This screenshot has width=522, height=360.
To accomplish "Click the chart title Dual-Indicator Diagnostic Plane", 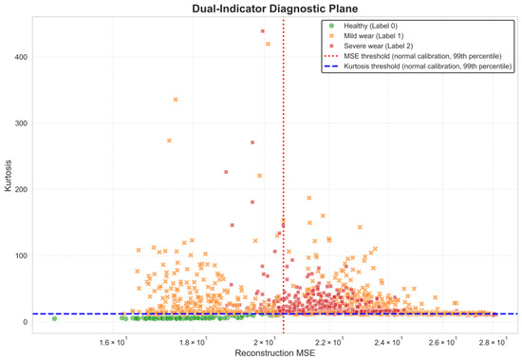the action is (x=275, y=9).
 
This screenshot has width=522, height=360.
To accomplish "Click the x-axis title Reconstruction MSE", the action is (x=275, y=353).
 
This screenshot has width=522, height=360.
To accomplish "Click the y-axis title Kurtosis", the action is (x=8, y=176).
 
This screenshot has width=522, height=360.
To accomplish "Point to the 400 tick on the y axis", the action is (x=21, y=57).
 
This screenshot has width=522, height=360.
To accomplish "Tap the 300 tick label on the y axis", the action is (x=21, y=123).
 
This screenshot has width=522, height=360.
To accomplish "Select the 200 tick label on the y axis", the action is (x=21, y=189).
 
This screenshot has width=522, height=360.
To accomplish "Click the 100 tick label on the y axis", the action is (x=21, y=256).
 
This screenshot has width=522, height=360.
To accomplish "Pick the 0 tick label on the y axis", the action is (x=25, y=322).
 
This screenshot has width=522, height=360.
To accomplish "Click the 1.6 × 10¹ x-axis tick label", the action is (x=113, y=342).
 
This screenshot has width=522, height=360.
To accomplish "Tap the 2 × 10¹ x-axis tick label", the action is (x=265, y=342).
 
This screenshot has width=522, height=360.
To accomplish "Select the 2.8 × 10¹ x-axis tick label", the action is (x=493, y=342).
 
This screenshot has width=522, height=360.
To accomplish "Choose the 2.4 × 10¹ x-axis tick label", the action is (x=388, y=342).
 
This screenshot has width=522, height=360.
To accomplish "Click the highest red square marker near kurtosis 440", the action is (x=263, y=31).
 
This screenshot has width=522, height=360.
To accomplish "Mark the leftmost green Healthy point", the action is (x=55, y=318).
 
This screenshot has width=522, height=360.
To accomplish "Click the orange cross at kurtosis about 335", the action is (x=176, y=100).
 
